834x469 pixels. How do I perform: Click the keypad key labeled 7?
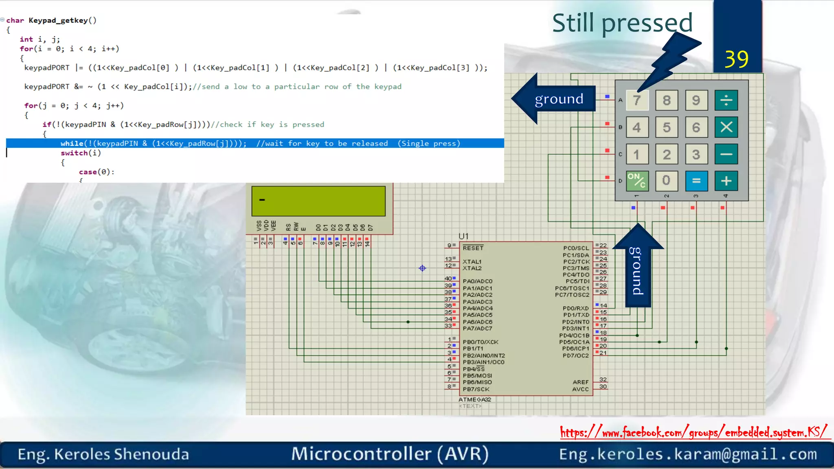[637, 100]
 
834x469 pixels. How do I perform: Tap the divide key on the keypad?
[726, 100]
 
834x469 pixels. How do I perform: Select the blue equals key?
[696, 181]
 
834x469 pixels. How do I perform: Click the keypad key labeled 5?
[667, 127]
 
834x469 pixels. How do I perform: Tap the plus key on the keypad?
[726, 181]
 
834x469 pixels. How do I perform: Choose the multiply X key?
[726, 127]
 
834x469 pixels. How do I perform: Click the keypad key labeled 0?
[667, 180]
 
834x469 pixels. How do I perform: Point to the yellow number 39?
[736, 59]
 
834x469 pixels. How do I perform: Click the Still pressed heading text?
[622, 23]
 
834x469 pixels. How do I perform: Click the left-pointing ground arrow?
[554, 99]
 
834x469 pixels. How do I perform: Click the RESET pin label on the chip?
[473, 248]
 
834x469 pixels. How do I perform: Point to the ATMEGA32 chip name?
[475, 399]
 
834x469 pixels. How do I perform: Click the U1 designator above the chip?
[463, 236]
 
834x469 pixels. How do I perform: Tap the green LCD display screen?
[318, 201]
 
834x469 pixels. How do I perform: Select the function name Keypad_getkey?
[58, 20]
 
